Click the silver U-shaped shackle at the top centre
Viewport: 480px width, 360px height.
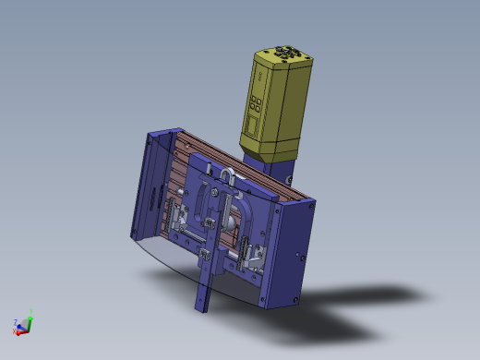tap(228, 174)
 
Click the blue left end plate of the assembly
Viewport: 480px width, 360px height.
tap(149, 185)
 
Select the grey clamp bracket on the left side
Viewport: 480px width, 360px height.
tap(178, 218)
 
